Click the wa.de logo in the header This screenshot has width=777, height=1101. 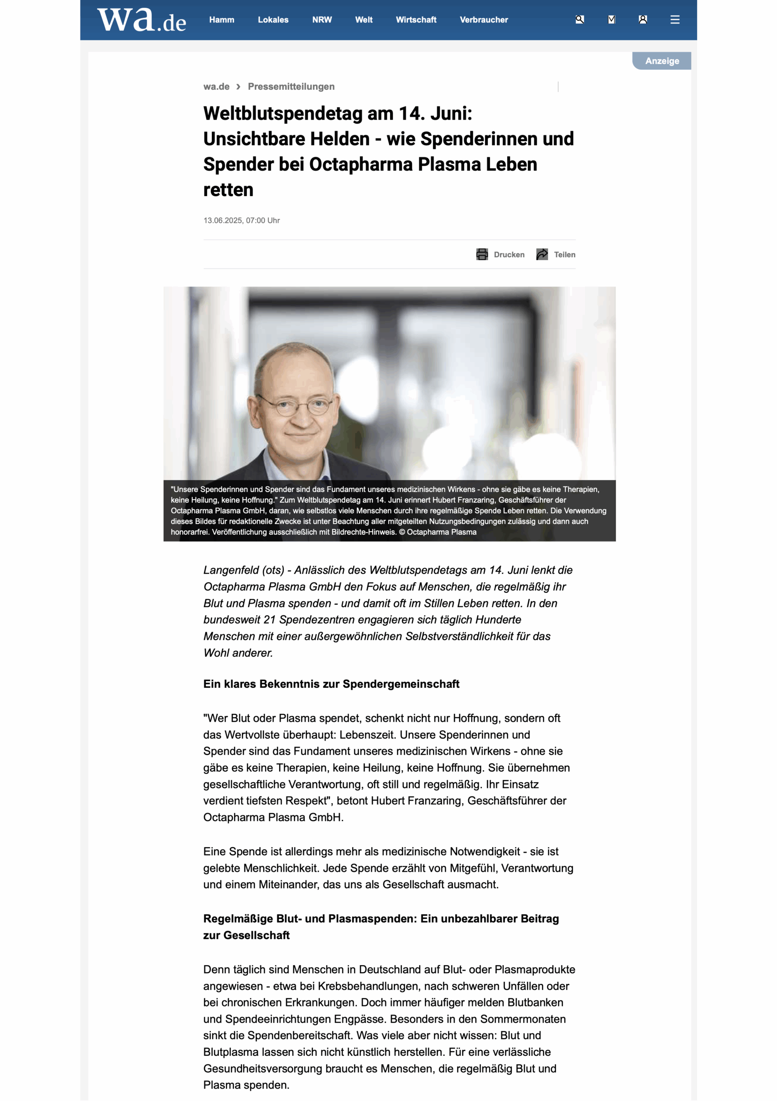coord(141,20)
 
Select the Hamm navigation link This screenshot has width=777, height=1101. coord(221,20)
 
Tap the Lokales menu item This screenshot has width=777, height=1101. coord(273,20)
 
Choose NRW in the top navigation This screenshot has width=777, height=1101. coord(322,20)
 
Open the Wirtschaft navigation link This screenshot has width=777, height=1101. coord(416,20)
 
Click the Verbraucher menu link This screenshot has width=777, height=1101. coord(483,20)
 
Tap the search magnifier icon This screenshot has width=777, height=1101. coord(580,20)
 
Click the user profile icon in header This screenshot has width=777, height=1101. coord(643,20)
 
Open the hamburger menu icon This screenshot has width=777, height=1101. coord(674,20)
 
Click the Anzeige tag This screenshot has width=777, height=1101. coord(661,61)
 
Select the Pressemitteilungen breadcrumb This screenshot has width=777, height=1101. coord(291,87)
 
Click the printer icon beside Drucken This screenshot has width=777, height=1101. coord(482,255)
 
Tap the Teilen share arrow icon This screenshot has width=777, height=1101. coord(542,255)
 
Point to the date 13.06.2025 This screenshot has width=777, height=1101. coord(223,221)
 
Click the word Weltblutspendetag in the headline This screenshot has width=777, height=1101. coord(283,114)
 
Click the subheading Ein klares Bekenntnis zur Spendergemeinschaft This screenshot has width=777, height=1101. coord(331,684)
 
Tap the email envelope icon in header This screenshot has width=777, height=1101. coord(611,20)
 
